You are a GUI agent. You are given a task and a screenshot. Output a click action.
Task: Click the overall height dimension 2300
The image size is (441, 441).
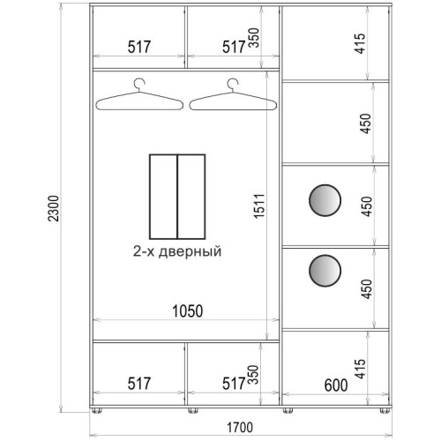pos(54,208)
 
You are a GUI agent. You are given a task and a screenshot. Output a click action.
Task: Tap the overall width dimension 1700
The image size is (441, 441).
pos(240,428)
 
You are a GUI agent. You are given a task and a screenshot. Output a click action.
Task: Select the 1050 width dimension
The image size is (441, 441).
pos(188,311)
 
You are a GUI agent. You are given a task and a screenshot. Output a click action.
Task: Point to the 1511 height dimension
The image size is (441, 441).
pos(259,206)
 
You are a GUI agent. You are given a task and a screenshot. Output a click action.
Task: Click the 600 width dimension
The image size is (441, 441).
pos(336,385)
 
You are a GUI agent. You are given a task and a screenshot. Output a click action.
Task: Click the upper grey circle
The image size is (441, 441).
pos(325,200)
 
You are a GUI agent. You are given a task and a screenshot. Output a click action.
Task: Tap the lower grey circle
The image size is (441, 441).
pos(325,271)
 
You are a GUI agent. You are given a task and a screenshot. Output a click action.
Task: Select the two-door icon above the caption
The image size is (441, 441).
pos(177,197)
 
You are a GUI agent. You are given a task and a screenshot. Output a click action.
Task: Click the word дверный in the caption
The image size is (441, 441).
pos(190,252)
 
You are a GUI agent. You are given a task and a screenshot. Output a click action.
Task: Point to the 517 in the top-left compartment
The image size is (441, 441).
pos(139,47)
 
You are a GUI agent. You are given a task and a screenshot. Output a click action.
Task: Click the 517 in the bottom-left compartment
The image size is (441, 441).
pos(139,384)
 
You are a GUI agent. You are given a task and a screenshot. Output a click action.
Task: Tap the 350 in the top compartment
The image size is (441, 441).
pos(253,38)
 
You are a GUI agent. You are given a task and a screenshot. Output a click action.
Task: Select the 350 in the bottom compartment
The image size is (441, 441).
pos(253,375)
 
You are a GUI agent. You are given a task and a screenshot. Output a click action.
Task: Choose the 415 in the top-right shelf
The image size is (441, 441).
pos(360,43)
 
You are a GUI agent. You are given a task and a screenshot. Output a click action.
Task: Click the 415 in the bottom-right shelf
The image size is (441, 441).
pos(360,369)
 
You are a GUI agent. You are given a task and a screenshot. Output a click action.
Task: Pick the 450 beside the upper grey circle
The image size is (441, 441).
pos(367,206)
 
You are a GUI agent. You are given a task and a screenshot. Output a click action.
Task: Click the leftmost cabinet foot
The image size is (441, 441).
pos(97,410)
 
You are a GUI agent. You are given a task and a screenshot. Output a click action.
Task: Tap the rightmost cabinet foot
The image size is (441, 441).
pos(384,410)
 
